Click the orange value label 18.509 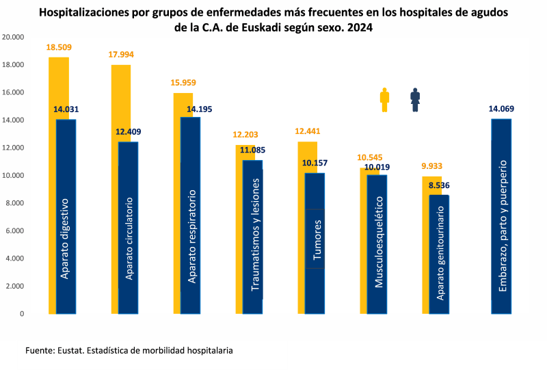point(58,48)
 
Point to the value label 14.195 point(200,108)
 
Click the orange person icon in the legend point(385,100)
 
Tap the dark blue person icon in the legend point(415,100)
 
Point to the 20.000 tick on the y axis point(13,37)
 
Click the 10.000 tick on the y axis point(13,176)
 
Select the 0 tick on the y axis point(22,314)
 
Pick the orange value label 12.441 point(308,131)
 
